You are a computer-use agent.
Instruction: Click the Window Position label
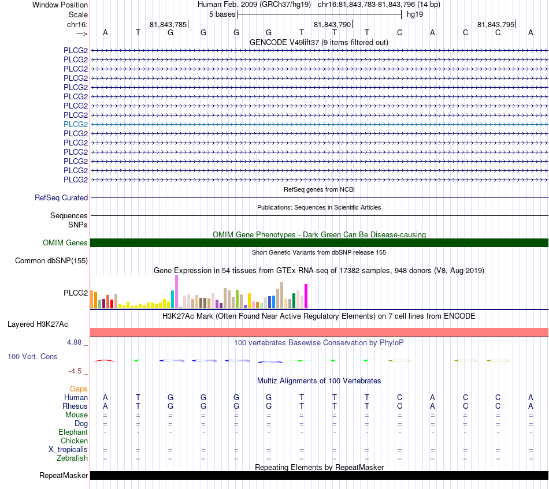(60, 5)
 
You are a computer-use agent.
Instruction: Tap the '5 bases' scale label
(222, 14)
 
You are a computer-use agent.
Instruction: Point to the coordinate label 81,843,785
(168, 24)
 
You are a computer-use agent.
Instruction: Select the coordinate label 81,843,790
(332, 24)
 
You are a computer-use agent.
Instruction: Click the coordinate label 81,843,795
(496, 24)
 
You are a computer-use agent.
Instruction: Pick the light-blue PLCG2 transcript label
(76, 124)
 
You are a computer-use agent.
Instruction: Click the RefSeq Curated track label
(61, 197)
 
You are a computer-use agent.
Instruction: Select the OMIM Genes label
(65, 242)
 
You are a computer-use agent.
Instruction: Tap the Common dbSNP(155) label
(51, 260)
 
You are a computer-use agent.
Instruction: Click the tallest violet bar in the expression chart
(176, 292)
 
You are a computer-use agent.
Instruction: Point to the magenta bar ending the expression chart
(306, 296)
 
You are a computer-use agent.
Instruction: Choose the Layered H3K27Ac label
(38, 324)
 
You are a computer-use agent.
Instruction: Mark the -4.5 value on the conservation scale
(75, 371)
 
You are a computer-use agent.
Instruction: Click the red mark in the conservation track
(105, 360)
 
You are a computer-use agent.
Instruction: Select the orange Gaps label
(79, 389)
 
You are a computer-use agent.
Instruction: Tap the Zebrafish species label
(72, 458)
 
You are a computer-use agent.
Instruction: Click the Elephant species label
(73, 432)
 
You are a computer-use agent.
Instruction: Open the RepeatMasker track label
(64, 475)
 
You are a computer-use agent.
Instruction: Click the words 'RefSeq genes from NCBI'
(319, 189)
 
